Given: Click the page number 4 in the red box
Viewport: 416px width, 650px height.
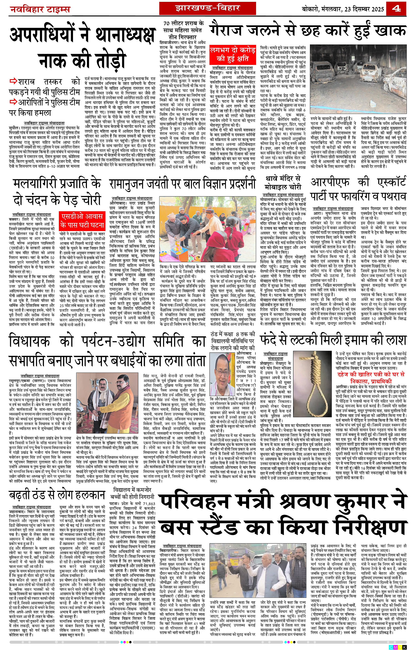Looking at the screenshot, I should (x=396, y=9).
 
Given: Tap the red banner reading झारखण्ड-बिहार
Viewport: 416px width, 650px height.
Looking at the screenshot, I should (x=207, y=8).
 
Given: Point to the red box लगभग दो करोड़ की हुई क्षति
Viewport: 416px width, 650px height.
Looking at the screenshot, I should (x=233, y=55).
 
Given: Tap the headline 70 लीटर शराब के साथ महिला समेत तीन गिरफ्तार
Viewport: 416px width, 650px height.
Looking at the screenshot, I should (x=183, y=30).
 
